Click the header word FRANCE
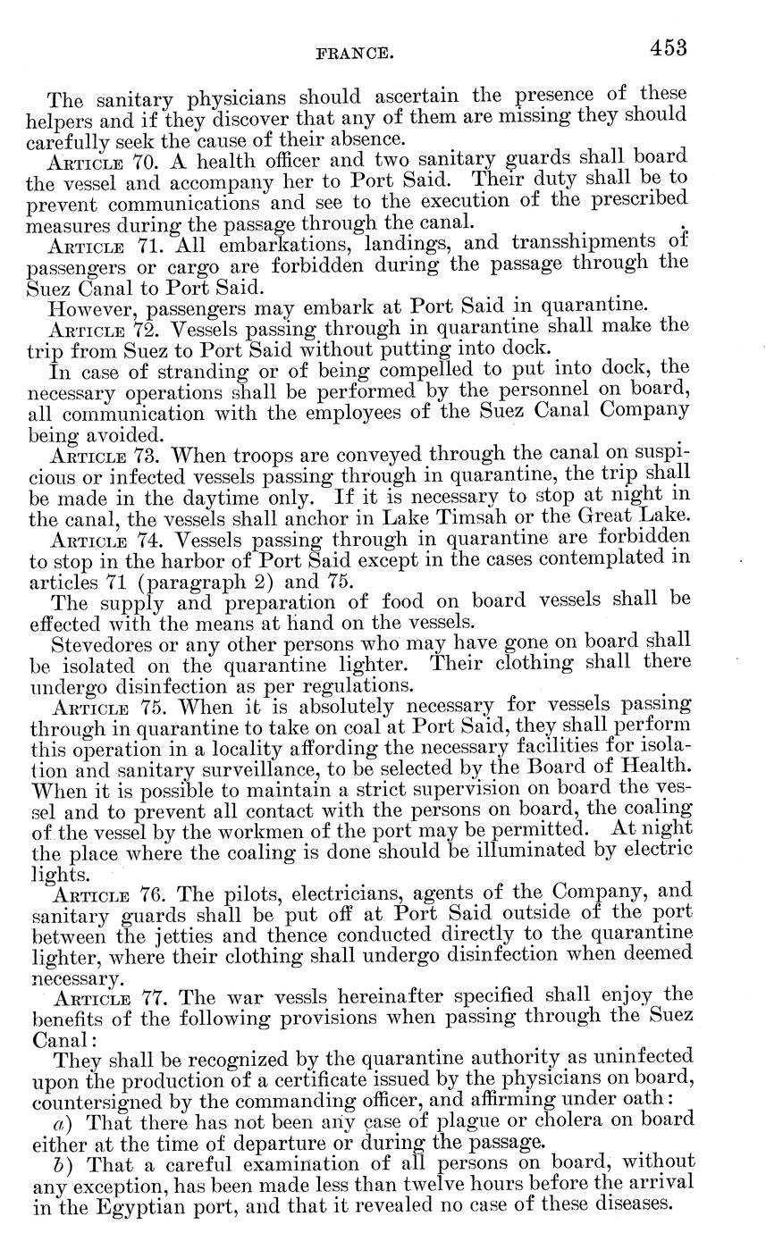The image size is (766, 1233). [x=356, y=54]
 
